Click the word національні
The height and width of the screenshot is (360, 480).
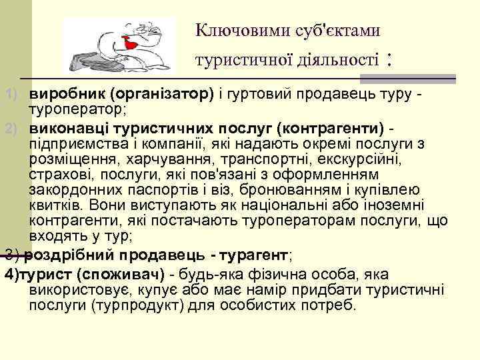(314, 207)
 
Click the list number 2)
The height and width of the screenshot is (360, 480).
(10, 127)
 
